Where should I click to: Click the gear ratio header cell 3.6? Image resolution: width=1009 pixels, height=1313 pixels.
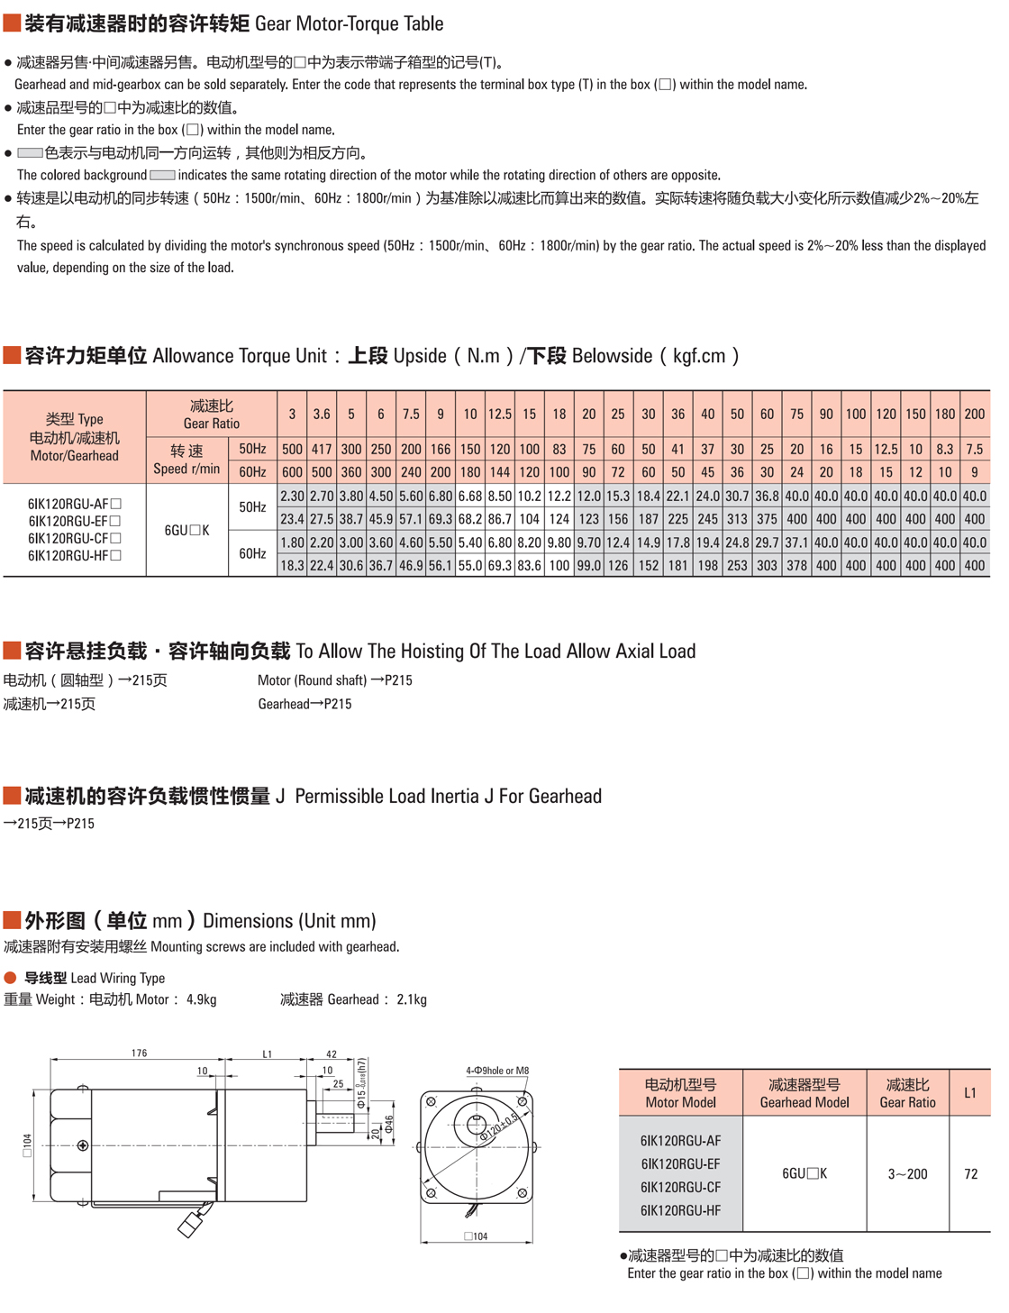click(x=322, y=414)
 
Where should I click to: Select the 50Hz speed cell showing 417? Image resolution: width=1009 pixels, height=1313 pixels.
click(x=322, y=449)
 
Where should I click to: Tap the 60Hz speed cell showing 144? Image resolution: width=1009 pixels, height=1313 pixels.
click(x=499, y=471)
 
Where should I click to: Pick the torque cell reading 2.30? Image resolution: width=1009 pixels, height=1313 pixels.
click(x=292, y=496)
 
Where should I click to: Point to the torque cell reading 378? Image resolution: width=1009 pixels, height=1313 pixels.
click(x=796, y=565)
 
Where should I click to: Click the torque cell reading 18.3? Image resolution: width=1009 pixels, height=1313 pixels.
click(x=292, y=565)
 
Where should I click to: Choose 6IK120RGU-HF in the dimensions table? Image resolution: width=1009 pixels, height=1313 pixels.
click(x=680, y=1210)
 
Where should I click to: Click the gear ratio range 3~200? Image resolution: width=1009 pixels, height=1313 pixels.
click(x=907, y=1173)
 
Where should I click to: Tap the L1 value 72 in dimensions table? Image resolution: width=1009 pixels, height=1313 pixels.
click(x=970, y=1173)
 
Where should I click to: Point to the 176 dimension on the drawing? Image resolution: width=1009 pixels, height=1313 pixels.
click(x=139, y=1053)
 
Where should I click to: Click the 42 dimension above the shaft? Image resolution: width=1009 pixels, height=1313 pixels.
click(x=332, y=1053)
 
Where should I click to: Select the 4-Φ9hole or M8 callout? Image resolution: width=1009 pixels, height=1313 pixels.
click(x=497, y=1071)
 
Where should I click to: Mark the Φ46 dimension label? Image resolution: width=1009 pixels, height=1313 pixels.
click(x=389, y=1125)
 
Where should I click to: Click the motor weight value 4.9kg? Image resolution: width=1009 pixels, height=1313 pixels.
click(x=202, y=999)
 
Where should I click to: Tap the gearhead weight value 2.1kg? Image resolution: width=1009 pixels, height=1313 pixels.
click(x=412, y=999)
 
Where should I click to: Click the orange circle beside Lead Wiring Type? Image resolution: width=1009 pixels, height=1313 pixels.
click(x=11, y=978)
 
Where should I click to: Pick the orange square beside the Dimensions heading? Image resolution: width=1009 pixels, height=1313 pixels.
click(x=12, y=920)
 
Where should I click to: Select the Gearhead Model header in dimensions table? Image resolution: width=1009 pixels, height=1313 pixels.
click(x=804, y=1093)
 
